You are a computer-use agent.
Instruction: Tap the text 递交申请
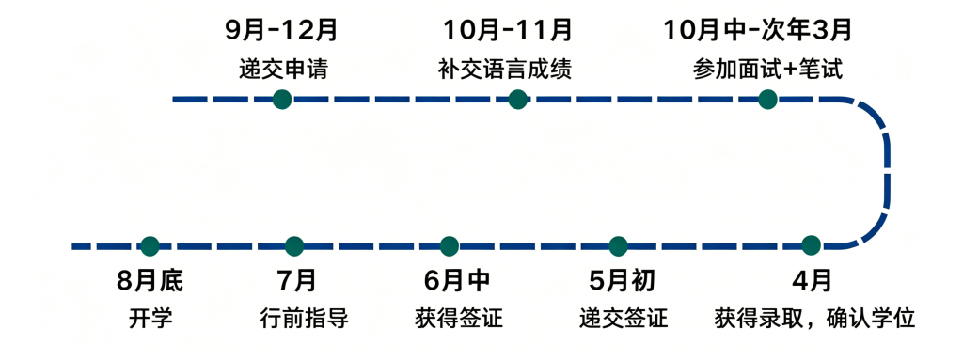(282, 69)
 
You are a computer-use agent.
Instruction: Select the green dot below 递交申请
(282, 99)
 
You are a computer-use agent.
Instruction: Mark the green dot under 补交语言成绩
(516, 99)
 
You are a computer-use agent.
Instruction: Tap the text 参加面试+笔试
(766, 69)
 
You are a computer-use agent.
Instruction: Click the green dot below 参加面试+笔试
(767, 99)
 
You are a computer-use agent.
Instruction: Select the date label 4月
(812, 280)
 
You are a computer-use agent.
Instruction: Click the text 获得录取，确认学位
(814, 319)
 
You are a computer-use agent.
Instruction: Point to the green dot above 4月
(812, 246)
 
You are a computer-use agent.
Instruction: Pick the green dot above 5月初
(618, 246)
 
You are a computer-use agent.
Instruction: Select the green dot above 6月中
(449, 246)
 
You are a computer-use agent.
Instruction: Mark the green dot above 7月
(294, 246)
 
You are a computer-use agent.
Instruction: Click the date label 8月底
(150, 280)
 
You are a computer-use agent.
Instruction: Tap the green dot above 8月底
(150, 246)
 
